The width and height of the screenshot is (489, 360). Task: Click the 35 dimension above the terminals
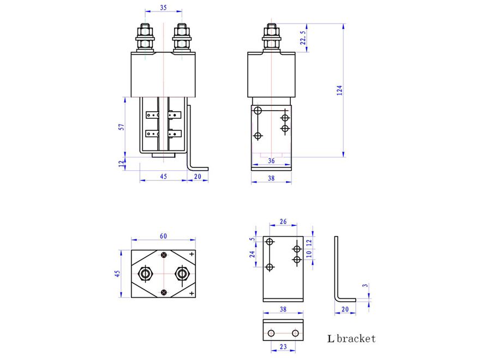[x=163, y=8]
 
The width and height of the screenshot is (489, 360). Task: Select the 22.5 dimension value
[x=303, y=38]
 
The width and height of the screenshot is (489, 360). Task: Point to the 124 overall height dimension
[x=339, y=90]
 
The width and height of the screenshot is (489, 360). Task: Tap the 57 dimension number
[x=121, y=127]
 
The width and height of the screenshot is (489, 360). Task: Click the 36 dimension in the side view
[x=271, y=161]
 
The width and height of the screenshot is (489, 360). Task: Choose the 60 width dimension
[x=163, y=236]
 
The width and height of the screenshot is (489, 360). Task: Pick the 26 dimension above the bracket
[x=283, y=221]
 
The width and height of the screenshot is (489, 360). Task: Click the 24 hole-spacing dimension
[x=252, y=254]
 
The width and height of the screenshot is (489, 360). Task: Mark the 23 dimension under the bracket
[x=283, y=346]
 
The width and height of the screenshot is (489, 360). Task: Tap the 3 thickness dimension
[x=365, y=285]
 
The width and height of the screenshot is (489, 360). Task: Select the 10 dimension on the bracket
[x=309, y=254]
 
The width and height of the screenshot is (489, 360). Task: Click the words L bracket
[x=351, y=339]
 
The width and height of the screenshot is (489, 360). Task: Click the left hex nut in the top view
[x=145, y=274]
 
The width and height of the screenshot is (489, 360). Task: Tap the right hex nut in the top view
[x=182, y=274]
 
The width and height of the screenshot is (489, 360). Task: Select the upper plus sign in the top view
[x=192, y=254]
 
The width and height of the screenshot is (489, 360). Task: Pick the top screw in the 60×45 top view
[x=164, y=255]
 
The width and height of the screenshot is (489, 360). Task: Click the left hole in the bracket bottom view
[x=271, y=333]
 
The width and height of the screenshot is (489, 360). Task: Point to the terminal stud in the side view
[x=271, y=38]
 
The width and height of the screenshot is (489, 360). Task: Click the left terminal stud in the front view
[x=145, y=38]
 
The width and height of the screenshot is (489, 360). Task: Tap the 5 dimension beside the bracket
[x=252, y=239]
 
